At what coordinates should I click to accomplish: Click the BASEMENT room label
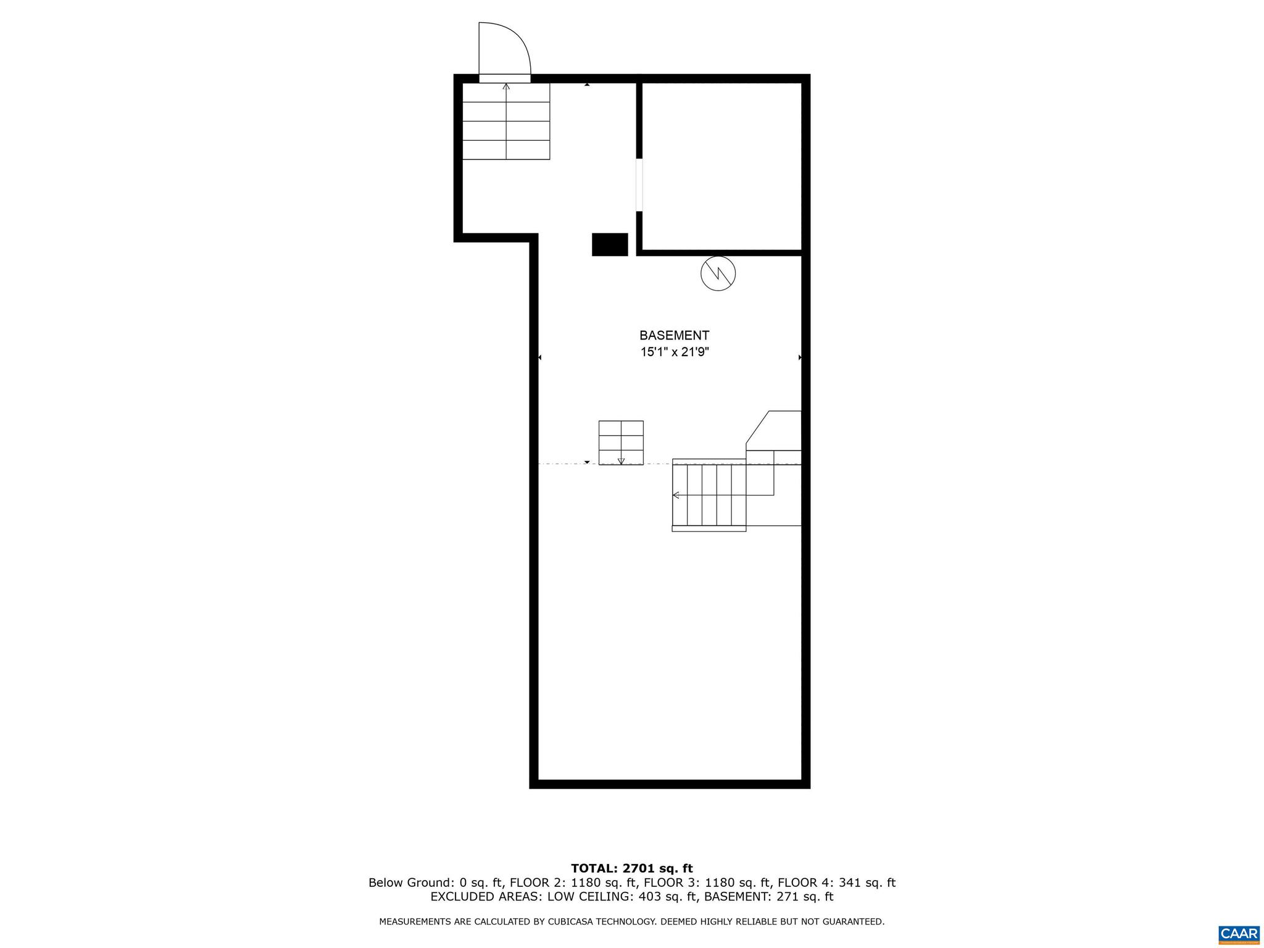click(674, 336)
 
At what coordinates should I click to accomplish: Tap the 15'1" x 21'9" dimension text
click(674, 352)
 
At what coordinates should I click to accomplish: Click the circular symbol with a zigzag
click(718, 273)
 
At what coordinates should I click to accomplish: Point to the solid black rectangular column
click(610, 244)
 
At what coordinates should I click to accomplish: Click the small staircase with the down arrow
click(621, 443)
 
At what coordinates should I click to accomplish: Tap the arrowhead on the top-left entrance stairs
click(506, 86)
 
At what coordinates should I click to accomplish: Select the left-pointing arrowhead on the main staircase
click(676, 495)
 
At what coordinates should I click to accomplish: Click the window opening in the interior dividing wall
click(639, 185)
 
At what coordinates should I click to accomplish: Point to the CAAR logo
click(1239, 933)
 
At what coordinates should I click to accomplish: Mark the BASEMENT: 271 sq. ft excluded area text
click(768, 897)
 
